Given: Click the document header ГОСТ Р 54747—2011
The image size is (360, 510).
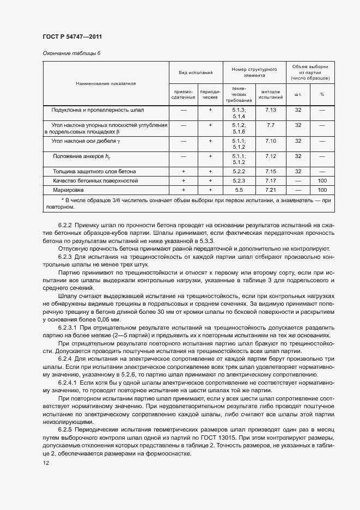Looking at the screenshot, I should point(72,37).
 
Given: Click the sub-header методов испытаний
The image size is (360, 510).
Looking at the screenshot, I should point(271,94).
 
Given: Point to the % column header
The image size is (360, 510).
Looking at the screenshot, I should point(322,94).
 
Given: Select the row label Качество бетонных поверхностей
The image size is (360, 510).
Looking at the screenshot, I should point(95,180).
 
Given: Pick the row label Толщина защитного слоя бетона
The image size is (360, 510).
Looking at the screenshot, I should point(95,171).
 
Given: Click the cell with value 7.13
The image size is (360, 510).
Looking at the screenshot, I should point(271,110).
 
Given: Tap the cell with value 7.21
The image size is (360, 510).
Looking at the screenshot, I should point(271,190).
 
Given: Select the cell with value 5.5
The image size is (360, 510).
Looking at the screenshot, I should point(239,190).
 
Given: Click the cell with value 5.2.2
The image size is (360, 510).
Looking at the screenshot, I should point(239,171).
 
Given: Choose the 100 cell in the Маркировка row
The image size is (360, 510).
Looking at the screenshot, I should point(322,190).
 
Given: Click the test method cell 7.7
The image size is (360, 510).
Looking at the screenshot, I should point(271,125).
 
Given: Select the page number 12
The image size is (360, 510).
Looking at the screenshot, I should point(46,463).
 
